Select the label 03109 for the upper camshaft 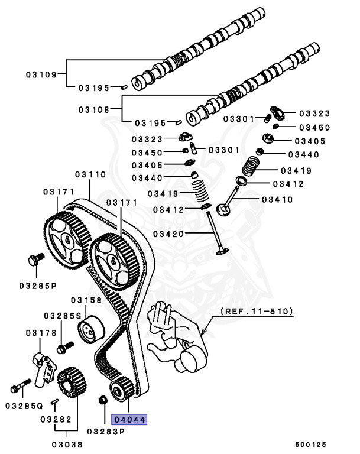click(41, 74)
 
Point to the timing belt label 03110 click(90, 175)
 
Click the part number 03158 click(86, 300)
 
